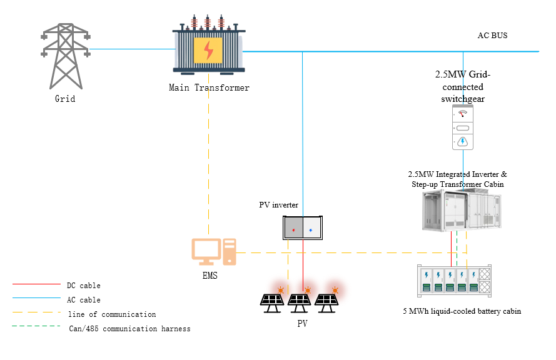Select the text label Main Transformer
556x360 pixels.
click(x=209, y=88)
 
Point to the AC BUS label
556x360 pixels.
click(x=492, y=36)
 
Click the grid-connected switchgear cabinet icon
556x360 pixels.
click(x=462, y=127)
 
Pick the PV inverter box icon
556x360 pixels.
click(x=302, y=227)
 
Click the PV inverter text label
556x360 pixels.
click(x=279, y=205)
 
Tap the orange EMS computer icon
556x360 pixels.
click(x=213, y=252)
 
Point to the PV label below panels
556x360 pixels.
click(x=303, y=324)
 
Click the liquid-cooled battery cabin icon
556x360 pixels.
click(x=454, y=281)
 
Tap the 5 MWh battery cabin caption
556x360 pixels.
click(x=462, y=311)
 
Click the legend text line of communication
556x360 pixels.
click(x=111, y=314)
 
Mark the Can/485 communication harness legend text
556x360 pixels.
click(x=129, y=329)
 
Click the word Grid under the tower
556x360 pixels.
click(x=65, y=99)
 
